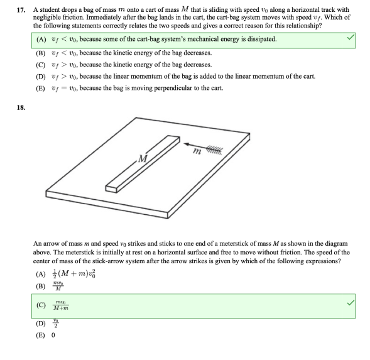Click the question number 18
click(x=21, y=107)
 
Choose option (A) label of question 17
click(x=41, y=40)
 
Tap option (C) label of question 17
click(x=41, y=64)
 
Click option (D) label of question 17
click(x=41, y=76)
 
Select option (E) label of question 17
click(x=41, y=89)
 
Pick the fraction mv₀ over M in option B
click(x=58, y=286)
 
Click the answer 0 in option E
click(x=53, y=335)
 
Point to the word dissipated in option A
click(x=259, y=40)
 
